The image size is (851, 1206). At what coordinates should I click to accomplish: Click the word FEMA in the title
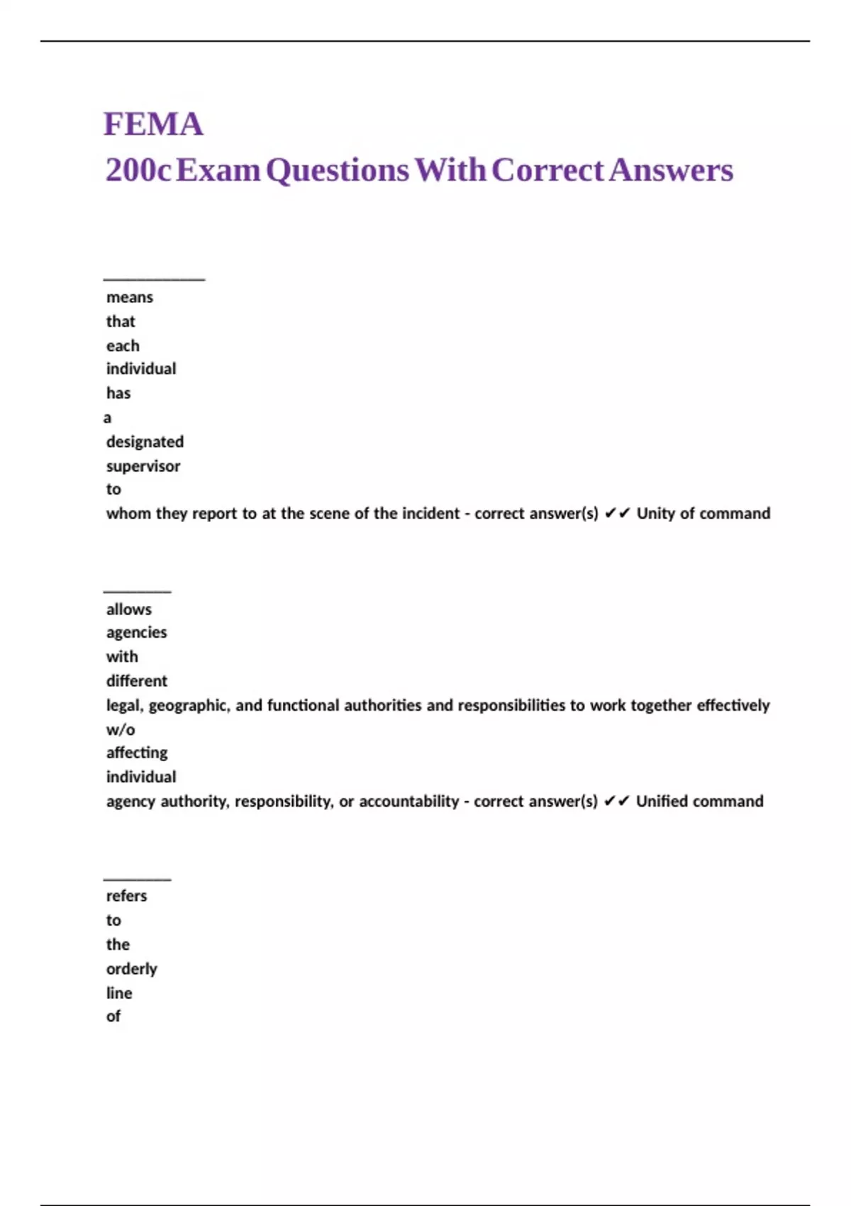[153, 124]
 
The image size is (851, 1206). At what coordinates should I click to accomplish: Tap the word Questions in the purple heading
[338, 170]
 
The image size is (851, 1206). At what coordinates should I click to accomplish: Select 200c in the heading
[138, 170]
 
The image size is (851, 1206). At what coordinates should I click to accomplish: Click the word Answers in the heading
[671, 170]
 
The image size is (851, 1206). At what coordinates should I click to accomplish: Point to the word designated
[145, 442]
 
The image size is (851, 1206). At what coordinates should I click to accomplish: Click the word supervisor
[143, 466]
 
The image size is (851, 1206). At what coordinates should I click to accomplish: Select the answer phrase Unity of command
[703, 514]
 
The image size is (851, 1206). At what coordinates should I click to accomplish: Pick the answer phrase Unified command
[699, 802]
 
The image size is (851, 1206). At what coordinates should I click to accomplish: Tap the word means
[130, 297]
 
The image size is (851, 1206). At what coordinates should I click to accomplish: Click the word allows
[129, 609]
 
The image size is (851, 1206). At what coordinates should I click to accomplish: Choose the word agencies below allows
[136, 633]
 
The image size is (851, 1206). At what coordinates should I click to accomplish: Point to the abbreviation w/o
[121, 730]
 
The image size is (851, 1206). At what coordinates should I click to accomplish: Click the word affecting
[137, 753]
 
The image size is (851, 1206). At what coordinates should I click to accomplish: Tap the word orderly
[132, 969]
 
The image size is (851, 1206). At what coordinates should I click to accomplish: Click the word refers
[126, 896]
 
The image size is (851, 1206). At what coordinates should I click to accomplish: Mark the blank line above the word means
[154, 279]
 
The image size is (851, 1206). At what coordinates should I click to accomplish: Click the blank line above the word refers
[137, 879]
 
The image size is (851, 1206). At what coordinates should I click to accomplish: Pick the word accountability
[408, 802]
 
